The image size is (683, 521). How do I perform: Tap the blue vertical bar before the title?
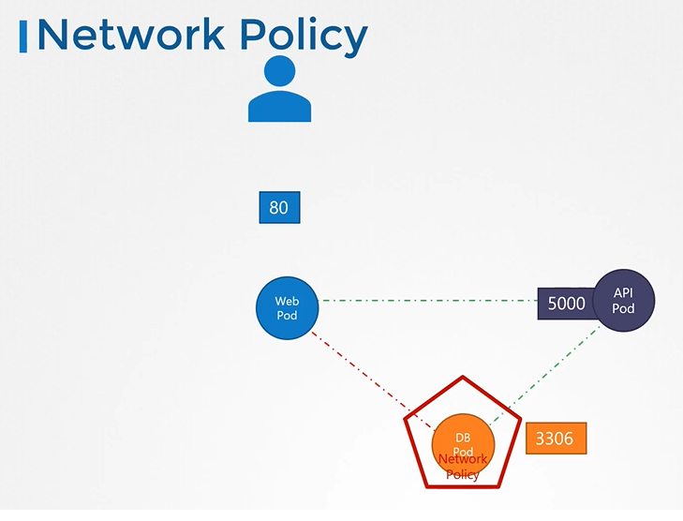tap(23, 37)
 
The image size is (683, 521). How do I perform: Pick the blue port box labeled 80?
tap(279, 207)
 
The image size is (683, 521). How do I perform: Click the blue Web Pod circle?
tap(286, 307)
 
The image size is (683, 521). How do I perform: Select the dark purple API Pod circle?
tap(623, 301)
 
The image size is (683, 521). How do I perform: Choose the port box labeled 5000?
tap(566, 304)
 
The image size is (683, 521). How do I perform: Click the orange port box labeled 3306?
tap(557, 438)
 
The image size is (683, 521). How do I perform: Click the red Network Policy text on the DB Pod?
tap(463, 467)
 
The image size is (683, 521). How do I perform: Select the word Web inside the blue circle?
tap(286, 301)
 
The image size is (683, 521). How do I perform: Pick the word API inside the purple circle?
tap(623, 293)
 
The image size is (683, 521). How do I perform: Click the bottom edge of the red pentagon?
tap(463, 485)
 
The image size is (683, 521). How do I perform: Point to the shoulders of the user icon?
tap(279, 108)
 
